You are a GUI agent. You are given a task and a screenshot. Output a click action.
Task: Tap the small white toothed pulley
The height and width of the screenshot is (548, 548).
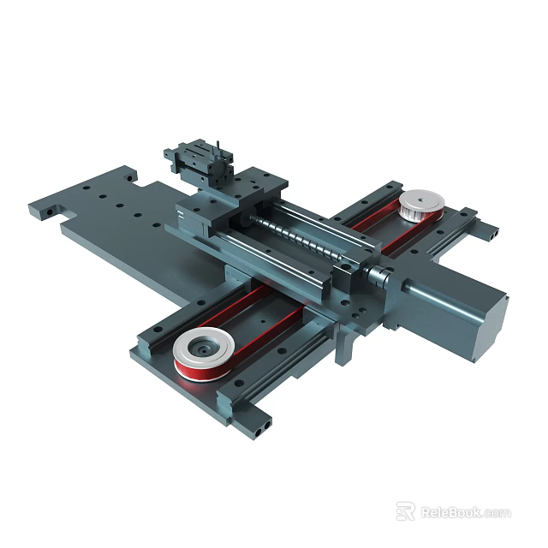coord(420,204)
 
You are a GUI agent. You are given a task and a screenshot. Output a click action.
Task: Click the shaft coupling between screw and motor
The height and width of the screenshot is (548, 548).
coord(377,276)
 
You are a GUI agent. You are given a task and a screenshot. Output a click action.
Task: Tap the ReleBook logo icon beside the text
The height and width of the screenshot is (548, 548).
coord(406,511)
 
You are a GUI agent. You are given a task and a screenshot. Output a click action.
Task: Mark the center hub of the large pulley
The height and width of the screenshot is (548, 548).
coord(204,347)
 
